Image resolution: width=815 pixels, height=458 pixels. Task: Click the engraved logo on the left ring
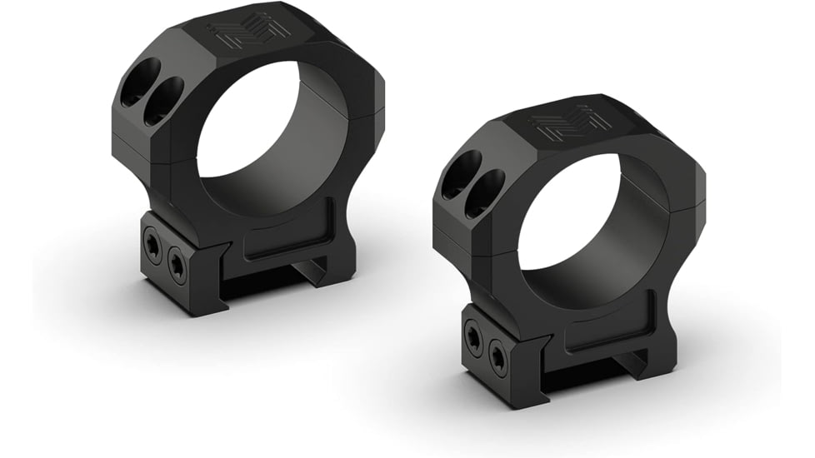tap(248, 32)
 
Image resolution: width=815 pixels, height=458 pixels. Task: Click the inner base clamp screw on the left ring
tap(177, 266)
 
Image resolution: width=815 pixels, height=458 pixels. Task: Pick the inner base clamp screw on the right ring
tap(498, 357)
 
